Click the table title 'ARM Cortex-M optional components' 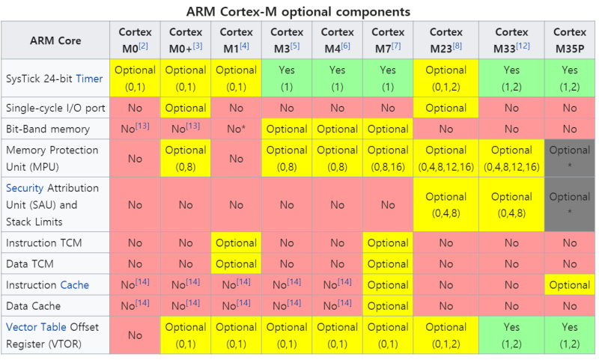tap(299, 12)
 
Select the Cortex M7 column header tap(387, 39)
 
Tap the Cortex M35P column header tap(570, 39)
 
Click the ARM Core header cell tap(56, 40)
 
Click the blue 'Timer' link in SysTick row tap(90, 78)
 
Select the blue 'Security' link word tap(27, 187)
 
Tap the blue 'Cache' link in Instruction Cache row tap(74, 284)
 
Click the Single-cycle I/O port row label tap(56, 108)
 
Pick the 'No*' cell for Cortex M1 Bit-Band tap(236, 129)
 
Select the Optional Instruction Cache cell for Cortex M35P tap(570, 284)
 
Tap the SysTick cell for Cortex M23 tap(446, 78)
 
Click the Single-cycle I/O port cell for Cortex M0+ tap(186, 108)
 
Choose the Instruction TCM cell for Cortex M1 tap(236, 242)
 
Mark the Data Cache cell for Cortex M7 tap(387, 305)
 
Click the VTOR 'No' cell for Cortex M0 tap(135, 335)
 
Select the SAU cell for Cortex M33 tap(512, 204)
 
